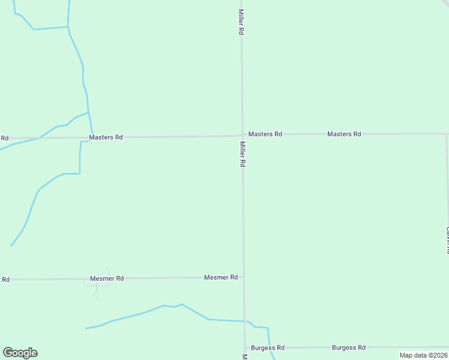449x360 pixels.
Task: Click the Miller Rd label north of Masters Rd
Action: tap(241, 22)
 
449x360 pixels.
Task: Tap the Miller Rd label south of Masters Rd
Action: tap(243, 154)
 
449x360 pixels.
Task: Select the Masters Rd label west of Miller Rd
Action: tap(106, 137)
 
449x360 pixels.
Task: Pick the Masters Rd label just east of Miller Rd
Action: tap(265, 134)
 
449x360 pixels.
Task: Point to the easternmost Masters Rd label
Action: tap(344, 134)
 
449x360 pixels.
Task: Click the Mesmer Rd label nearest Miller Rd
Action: tap(221, 277)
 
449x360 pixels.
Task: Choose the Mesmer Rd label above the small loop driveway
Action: tap(107, 278)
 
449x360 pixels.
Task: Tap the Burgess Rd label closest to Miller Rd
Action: tap(268, 348)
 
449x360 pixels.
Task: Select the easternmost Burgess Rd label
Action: tap(349, 347)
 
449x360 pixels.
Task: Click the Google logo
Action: tap(20, 353)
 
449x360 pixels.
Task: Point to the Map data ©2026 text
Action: tap(423, 355)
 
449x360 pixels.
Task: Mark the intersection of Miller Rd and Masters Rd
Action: tap(242, 135)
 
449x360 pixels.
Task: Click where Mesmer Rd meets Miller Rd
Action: tap(243, 277)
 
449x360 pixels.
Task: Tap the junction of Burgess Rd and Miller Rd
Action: tap(245, 348)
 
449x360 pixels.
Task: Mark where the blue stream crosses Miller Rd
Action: tap(244, 322)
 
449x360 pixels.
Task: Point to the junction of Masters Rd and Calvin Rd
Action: tap(446, 134)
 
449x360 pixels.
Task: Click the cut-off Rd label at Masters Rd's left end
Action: tap(5, 138)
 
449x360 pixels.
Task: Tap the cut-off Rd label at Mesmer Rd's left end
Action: tap(5, 280)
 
